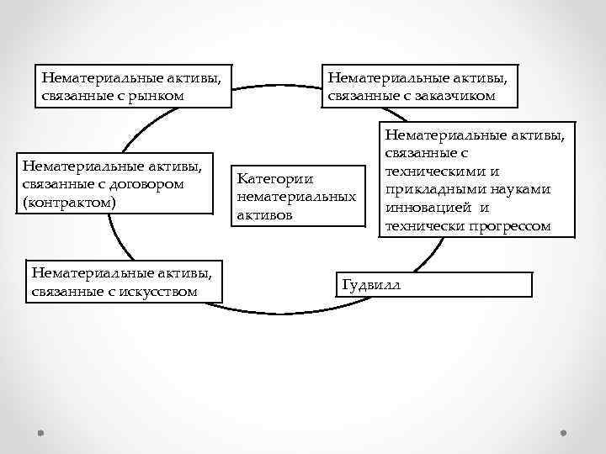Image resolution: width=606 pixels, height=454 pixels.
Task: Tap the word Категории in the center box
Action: point(275,179)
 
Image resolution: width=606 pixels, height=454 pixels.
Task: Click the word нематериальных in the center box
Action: point(297,198)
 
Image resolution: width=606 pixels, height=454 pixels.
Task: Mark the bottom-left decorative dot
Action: point(41,432)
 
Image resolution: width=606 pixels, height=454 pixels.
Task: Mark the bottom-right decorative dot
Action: point(563,432)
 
